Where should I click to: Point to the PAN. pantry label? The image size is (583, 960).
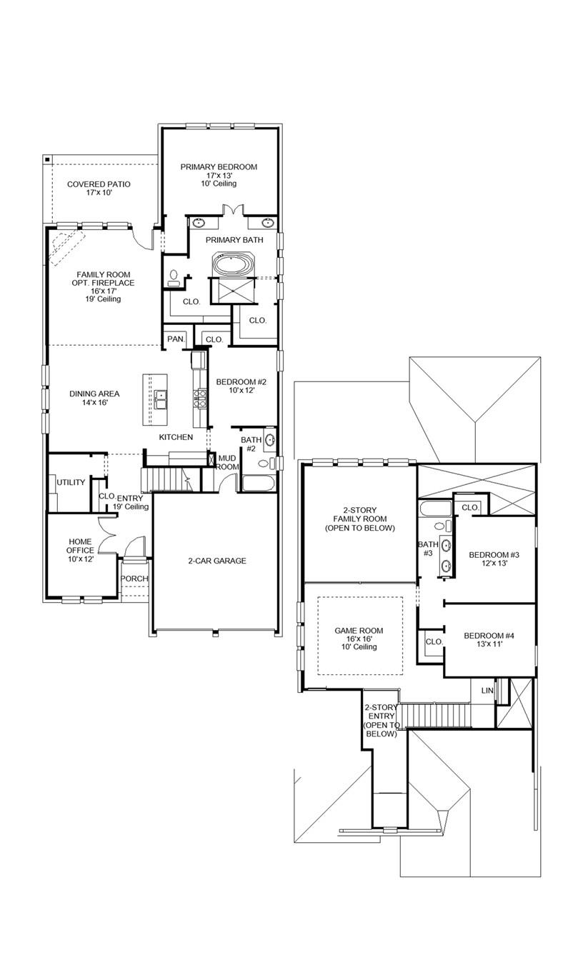click(x=175, y=339)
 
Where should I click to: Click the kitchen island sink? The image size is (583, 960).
click(x=161, y=399)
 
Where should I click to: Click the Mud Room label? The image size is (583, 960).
click(x=227, y=462)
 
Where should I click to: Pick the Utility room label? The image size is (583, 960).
click(x=71, y=482)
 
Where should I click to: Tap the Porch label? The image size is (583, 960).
click(x=134, y=579)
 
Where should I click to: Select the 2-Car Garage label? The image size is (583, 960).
click(x=216, y=561)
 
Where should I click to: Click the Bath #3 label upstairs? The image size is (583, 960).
click(x=428, y=549)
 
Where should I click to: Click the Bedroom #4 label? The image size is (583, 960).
click(x=489, y=640)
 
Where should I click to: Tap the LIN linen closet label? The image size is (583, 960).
click(x=487, y=691)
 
